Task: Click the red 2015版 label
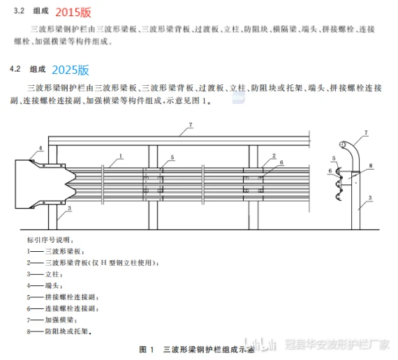click(x=73, y=12)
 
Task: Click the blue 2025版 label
click(x=71, y=70)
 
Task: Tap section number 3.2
click(x=19, y=11)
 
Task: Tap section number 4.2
click(x=15, y=69)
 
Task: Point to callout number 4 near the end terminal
click(x=40, y=148)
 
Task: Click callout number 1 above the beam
click(x=121, y=156)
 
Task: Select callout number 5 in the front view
click(x=172, y=157)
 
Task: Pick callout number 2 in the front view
click(x=274, y=156)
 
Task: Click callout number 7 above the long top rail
click(x=191, y=125)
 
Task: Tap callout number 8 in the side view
click(x=371, y=165)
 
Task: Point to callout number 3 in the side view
click(x=370, y=197)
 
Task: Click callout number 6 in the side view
click(x=330, y=171)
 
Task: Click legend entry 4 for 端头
click(x=45, y=286)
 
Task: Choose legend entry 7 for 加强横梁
click(x=52, y=320)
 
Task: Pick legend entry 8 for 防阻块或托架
click(x=59, y=331)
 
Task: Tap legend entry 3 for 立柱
click(x=45, y=274)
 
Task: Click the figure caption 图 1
click(x=147, y=350)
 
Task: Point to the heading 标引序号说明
click(x=50, y=240)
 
